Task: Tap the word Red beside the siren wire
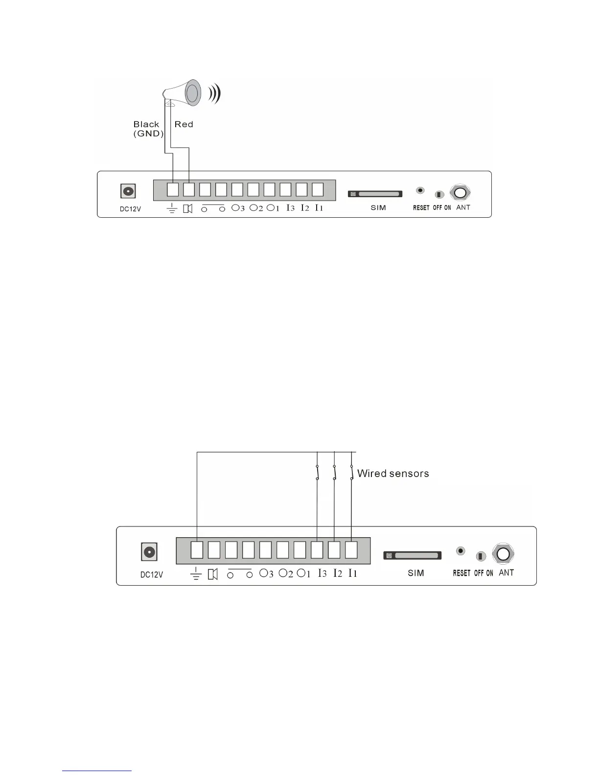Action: click(184, 124)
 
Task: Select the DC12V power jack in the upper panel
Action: click(128, 191)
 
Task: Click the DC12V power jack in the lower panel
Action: click(149, 553)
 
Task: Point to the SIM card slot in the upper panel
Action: click(375, 194)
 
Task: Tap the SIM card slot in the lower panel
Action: click(413, 556)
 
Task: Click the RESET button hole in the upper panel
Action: click(420, 190)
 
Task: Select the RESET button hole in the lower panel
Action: click(461, 551)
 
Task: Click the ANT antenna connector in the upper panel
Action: click(460, 193)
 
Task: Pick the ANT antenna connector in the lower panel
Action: click(503, 554)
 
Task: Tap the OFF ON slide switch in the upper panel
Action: click(439, 195)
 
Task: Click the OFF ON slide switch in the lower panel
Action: click(481, 556)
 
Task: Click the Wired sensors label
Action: click(393, 474)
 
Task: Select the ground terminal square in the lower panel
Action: click(197, 550)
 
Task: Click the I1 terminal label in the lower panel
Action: click(353, 573)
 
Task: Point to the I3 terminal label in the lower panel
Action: click(322, 573)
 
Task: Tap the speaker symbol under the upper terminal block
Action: click(188, 209)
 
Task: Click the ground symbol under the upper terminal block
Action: click(172, 209)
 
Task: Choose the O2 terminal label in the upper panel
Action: click(256, 208)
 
